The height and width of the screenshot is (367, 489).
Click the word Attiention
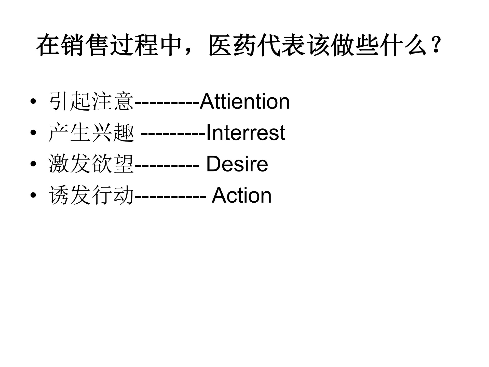click(244, 102)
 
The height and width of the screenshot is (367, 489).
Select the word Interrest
click(246, 133)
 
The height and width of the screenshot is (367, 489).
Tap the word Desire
click(237, 164)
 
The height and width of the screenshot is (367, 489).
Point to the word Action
click(241, 195)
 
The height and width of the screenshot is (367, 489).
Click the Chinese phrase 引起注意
click(91, 102)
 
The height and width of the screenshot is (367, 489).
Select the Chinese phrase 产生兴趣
click(91, 133)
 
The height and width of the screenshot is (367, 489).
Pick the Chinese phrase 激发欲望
click(91, 164)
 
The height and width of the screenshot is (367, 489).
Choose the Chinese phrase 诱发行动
click(91, 195)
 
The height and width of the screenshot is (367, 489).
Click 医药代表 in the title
click(257, 46)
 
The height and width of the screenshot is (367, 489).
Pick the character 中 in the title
click(171, 46)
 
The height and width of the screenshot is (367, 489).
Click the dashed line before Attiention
click(167, 103)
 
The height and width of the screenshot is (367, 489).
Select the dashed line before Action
click(170, 197)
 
